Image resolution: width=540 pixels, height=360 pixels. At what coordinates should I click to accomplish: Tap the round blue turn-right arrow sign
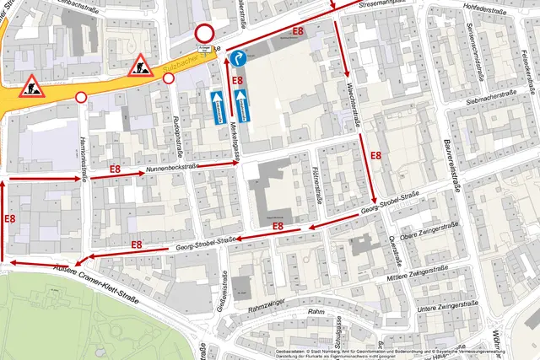(x=238, y=58)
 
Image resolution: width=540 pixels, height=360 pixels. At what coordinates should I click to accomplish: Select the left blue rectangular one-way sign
(x=218, y=105)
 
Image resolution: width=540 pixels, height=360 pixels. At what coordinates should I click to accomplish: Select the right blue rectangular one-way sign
(x=242, y=105)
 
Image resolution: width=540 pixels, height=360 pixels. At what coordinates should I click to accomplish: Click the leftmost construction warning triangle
(x=32, y=84)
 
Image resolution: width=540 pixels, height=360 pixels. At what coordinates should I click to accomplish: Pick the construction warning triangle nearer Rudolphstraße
(x=139, y=65)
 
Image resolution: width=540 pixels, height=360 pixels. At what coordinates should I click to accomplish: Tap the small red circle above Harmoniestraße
(x=82, y=98)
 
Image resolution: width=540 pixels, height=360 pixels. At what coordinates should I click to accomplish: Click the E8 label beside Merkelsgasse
(x=238, y=82)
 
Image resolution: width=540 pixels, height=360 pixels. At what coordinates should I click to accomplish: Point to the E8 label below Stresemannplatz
(x=298, y=31)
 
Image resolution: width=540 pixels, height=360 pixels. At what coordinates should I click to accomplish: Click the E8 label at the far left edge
(x=10, y=218)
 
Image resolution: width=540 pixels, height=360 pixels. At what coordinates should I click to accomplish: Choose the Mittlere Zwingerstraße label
(x=413, y=275)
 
